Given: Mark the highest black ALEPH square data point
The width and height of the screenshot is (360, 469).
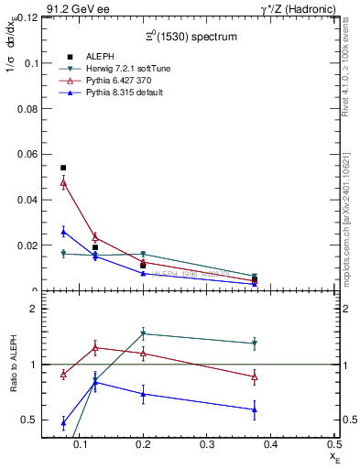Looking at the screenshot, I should (63, 168).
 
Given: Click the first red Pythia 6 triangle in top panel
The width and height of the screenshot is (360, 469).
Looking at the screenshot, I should (63, 182).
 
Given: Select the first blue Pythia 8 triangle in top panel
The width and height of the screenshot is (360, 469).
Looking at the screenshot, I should (63, 232).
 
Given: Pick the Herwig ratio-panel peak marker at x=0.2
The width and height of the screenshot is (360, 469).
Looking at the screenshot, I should (143, 333).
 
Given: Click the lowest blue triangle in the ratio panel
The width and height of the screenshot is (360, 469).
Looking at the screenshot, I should (63, 423).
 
